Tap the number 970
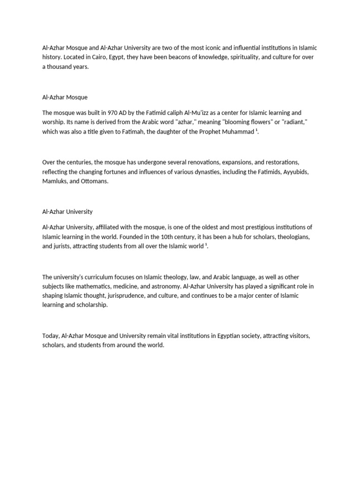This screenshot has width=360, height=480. pyautogui.click(x=112, y=113)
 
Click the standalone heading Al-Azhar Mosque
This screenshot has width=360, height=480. pyautogui.click(x=65, y=97)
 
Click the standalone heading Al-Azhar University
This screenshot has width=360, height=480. pyautogui.click(x=67, y=212)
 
